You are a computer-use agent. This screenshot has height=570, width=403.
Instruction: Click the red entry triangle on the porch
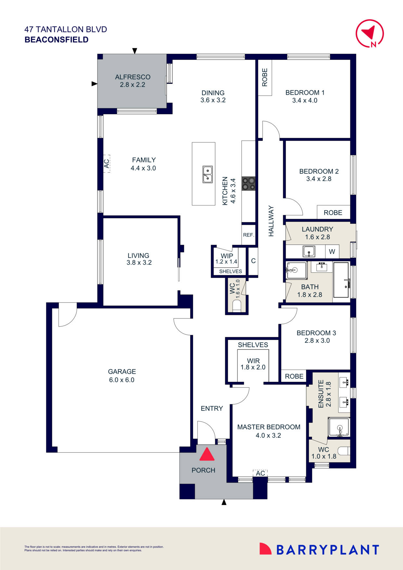[x=207, y=455]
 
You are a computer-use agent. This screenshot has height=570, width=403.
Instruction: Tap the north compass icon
[x=370, y=33]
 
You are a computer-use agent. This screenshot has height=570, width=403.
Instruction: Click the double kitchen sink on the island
[x=207, y=174]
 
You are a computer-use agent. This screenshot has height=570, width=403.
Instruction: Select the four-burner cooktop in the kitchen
[x=248, y=183]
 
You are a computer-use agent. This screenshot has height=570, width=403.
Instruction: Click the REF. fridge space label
[x=249, y=235]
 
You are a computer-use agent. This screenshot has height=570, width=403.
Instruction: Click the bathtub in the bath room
[x=341, y=280]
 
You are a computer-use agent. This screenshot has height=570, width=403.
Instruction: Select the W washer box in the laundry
[x=332, y=252]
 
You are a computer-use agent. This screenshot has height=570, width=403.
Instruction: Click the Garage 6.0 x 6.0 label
[x=122, y=376]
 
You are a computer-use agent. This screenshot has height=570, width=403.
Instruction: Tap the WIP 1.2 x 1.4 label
[x=227, y=259]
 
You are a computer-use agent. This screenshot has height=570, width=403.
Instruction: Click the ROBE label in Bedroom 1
[x=265, y=77]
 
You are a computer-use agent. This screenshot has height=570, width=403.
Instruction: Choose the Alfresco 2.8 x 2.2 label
[x=133, y=81]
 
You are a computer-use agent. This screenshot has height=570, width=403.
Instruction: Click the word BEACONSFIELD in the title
[x=57, y=40]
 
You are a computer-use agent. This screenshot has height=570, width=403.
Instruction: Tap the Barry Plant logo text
[x=328, y=550]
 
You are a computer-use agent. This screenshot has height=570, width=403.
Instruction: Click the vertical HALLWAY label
[x=271, y=221]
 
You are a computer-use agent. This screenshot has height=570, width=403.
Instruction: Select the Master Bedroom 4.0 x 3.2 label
[x=268, y=431]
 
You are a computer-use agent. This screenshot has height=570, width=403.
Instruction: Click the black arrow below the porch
[x=224, y=502]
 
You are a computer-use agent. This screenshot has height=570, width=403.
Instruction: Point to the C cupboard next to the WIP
[x=253, y=261]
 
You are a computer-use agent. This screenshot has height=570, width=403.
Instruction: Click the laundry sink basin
[x=309, y=251]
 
